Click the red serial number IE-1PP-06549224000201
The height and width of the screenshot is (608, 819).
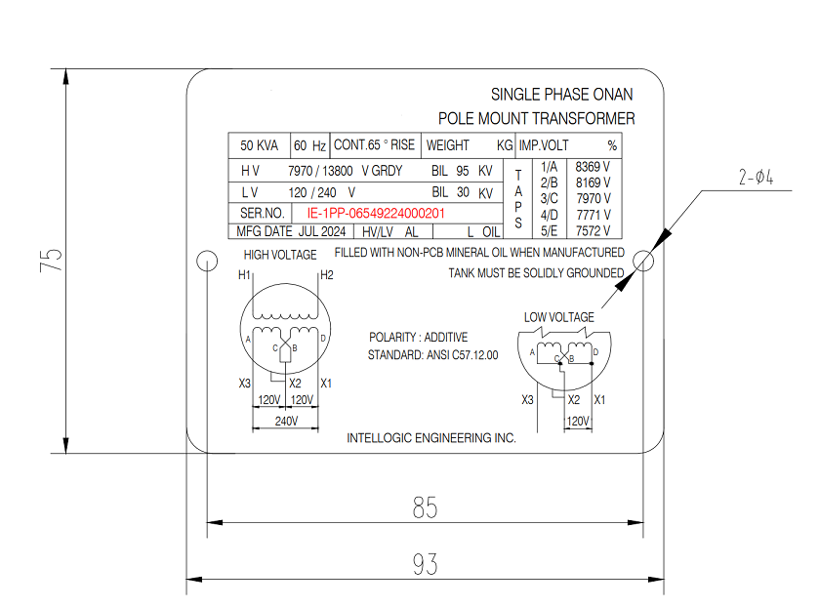tap(376, 213)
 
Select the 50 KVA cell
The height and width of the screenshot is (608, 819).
tap(259, 145)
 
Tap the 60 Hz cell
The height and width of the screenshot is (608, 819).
tap(309, 145)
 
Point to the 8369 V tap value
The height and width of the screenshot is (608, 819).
tap(593, 167)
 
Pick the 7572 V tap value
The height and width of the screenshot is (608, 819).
tap(593, 231)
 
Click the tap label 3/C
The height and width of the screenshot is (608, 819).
tap(549, 199)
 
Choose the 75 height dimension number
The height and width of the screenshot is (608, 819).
tap(51, 260)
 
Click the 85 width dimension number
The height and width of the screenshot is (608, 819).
tap(426, 507)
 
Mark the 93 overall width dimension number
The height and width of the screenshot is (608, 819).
tap(426, 564)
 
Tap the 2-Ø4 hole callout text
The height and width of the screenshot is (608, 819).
tap(756, 177)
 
